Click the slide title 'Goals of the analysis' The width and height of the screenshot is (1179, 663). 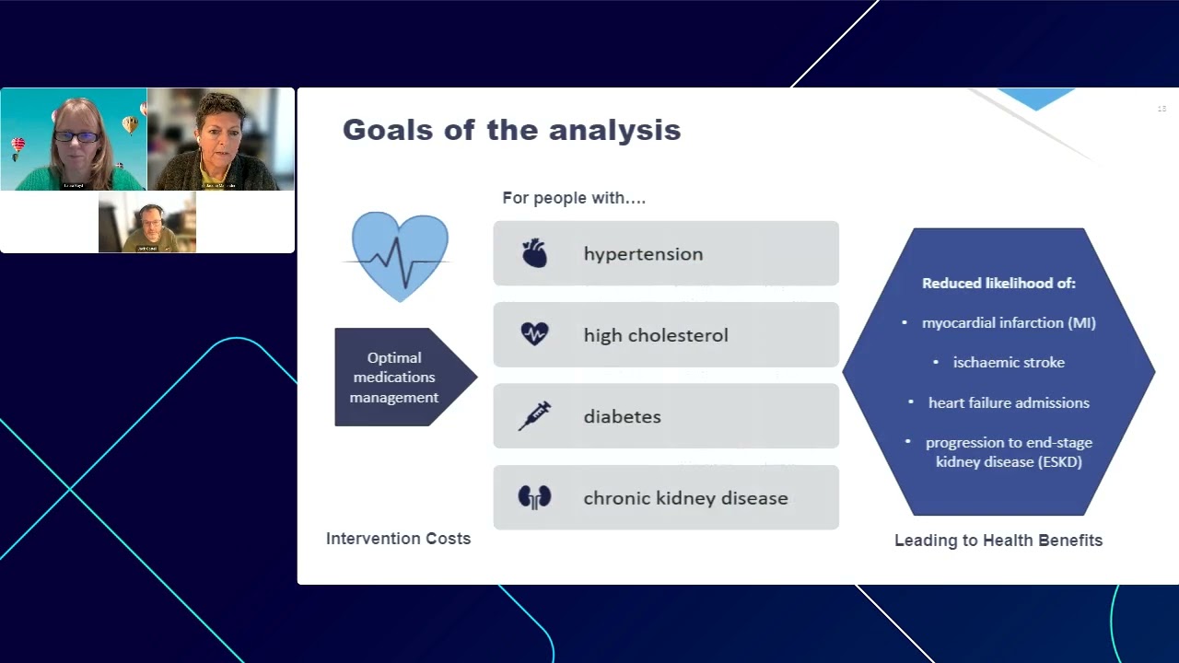click(511, 130)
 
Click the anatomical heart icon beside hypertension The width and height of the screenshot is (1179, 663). click(534, 253)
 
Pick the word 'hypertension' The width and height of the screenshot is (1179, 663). click(643, 254)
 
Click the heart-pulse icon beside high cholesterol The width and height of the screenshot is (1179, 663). click(534, 334)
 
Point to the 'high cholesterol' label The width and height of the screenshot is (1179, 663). click(655, 335)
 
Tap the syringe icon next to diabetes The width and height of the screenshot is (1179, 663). click(534, 416)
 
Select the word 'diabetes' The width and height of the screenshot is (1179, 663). click(622, 416)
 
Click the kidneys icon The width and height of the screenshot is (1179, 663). click(534, 497)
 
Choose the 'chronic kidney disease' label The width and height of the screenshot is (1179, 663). click(685, 498)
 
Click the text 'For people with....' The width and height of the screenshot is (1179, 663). click(574, 198)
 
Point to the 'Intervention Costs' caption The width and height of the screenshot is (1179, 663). click(398, 539)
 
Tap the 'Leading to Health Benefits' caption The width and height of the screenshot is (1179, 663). click(998, 541)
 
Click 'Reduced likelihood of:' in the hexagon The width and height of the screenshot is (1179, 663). click(998, 284)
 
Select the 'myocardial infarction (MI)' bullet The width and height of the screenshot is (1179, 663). click(1009, 323)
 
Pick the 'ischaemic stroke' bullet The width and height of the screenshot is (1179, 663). click(1009, 363)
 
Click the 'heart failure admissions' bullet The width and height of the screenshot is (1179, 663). click(1009, 402)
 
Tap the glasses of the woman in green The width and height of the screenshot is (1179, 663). click(76, 137)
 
